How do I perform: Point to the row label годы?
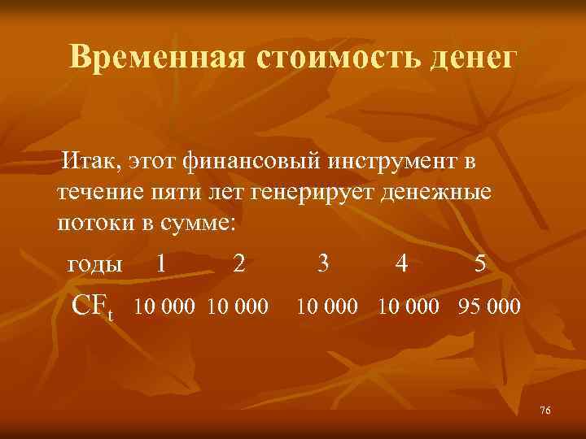[94, 264]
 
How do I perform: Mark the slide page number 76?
[544, 411]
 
